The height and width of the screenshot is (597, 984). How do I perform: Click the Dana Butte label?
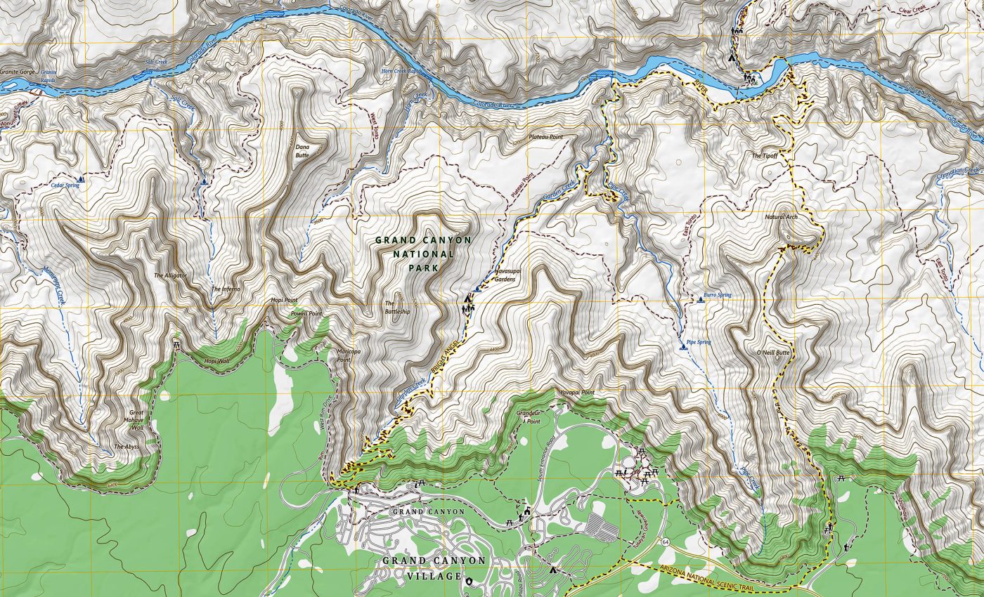302,151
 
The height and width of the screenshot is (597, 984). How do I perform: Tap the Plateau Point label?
546,138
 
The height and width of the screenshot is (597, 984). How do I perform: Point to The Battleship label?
397,308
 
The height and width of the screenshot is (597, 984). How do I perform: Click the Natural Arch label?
781,217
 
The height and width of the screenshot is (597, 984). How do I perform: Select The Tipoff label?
765,155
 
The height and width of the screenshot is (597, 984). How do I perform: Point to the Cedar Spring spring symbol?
82,180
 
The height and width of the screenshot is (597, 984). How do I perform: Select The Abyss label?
127,446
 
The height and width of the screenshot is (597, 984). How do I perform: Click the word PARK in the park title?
425,268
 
